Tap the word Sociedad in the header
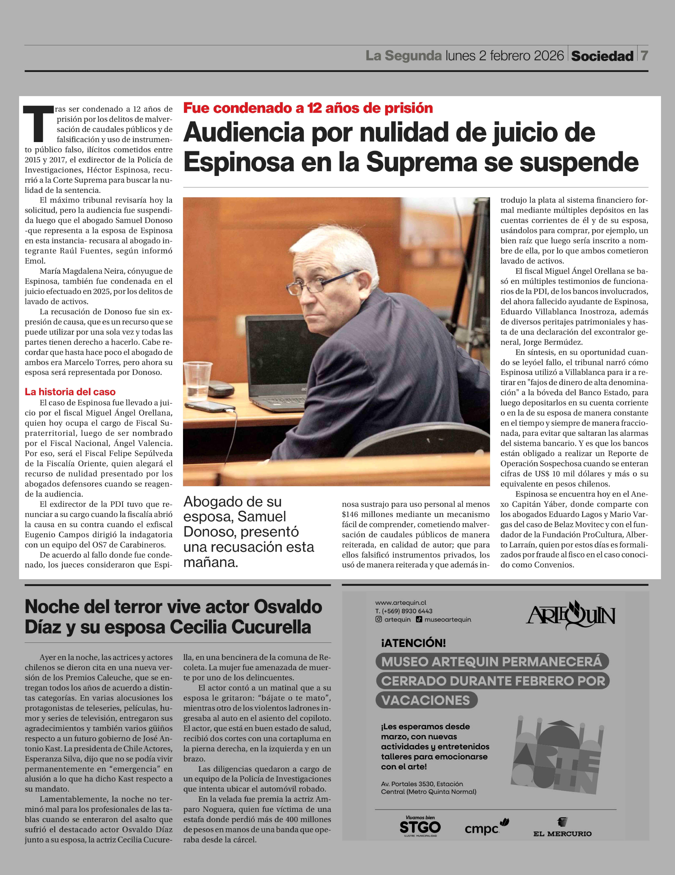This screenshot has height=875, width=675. (x=602, y=56)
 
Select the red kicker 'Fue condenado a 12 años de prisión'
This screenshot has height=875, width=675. (x=308, y=108)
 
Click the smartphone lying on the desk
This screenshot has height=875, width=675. (x=210, y=407)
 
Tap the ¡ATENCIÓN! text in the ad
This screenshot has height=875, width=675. (x=413, y=643)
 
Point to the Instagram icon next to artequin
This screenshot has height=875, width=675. (x=378, y=619)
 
